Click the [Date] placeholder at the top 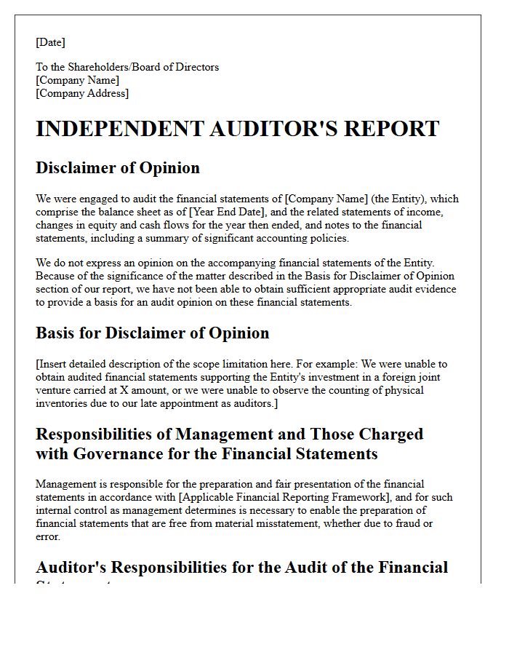point(50,42)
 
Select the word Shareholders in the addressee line point(108,67)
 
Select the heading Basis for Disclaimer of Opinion point(152,333)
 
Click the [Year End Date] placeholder point(227,212)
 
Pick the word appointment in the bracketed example point(187,403)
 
